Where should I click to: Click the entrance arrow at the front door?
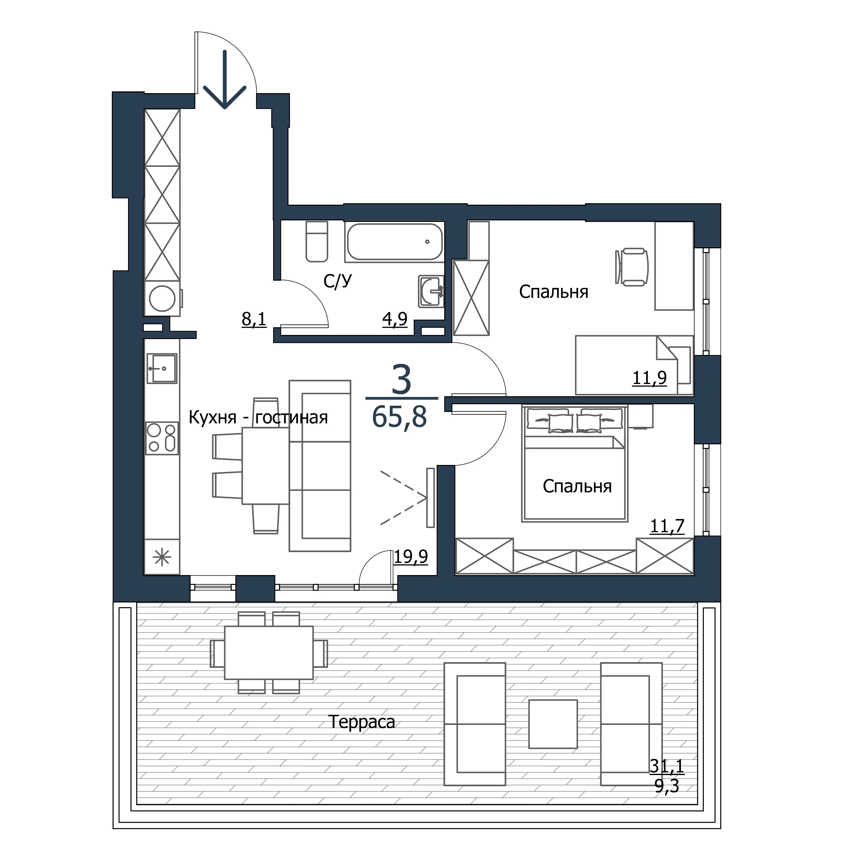(x=225, y=79)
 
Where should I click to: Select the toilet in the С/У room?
(x=317, y=241)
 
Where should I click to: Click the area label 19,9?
(x=411, y=557)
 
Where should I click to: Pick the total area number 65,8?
(x=399, y=417)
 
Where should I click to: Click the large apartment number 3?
(x=401, y=380)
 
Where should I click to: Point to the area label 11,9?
(x=650, y=378)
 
